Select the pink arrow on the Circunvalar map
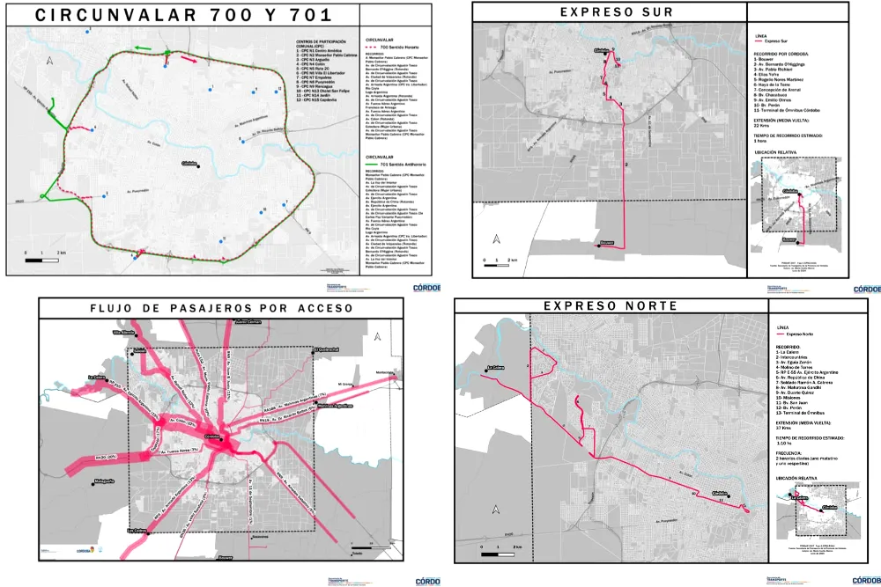189,60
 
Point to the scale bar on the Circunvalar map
43,260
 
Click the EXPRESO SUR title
610,11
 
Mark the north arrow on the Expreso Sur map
497,239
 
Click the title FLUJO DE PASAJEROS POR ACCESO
221,308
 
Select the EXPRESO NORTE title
611,306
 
